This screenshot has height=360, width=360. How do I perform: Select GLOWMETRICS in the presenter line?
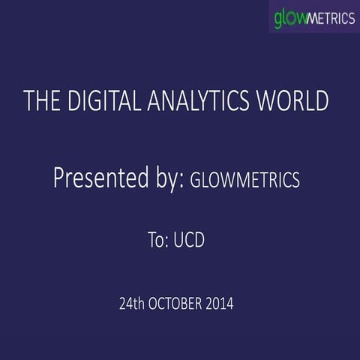(245, 180)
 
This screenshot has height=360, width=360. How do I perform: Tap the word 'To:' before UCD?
(158, 241)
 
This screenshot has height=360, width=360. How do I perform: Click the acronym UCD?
(189, 241)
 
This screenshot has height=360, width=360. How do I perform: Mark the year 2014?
(221, 304)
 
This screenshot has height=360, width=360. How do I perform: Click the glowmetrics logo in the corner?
(313, 16)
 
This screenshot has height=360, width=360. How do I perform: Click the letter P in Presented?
(58, 178)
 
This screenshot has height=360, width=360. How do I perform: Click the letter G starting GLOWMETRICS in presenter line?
(196, 180)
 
